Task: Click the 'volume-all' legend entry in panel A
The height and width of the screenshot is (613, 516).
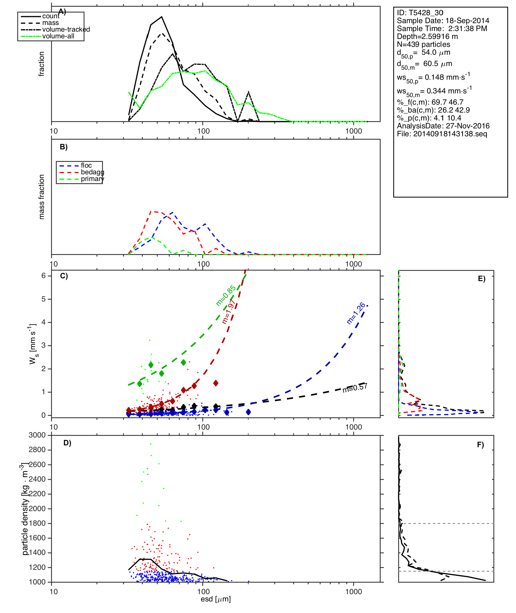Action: (58, 36)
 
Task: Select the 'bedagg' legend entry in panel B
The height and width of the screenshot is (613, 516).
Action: (92, 172)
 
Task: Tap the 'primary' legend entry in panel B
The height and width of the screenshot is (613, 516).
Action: (92, 179)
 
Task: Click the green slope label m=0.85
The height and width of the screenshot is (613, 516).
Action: (225, 295)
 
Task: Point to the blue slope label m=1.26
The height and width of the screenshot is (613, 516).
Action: (356, 313)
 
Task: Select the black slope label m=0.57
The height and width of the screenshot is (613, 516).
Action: (355, 388)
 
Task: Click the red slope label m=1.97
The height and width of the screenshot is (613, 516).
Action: (229, 312)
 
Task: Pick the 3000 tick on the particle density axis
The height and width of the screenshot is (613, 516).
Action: (37, 435)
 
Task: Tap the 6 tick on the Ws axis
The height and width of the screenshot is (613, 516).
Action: (44, 276)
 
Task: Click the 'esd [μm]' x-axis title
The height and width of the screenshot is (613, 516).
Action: (216, 599)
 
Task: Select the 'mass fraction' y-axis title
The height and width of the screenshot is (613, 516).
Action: (42, 197)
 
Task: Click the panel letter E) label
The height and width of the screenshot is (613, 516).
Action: (482, 279)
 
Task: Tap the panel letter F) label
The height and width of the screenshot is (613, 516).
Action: (480, 445)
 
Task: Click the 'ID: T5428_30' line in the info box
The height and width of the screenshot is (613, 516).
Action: (420, 13)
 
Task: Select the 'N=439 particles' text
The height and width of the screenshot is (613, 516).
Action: (423, 44)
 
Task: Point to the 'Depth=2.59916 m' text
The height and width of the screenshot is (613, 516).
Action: (427, 37)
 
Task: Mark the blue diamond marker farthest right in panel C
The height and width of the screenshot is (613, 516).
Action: (248, 412)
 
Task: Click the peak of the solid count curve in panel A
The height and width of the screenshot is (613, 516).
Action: (162, 17)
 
